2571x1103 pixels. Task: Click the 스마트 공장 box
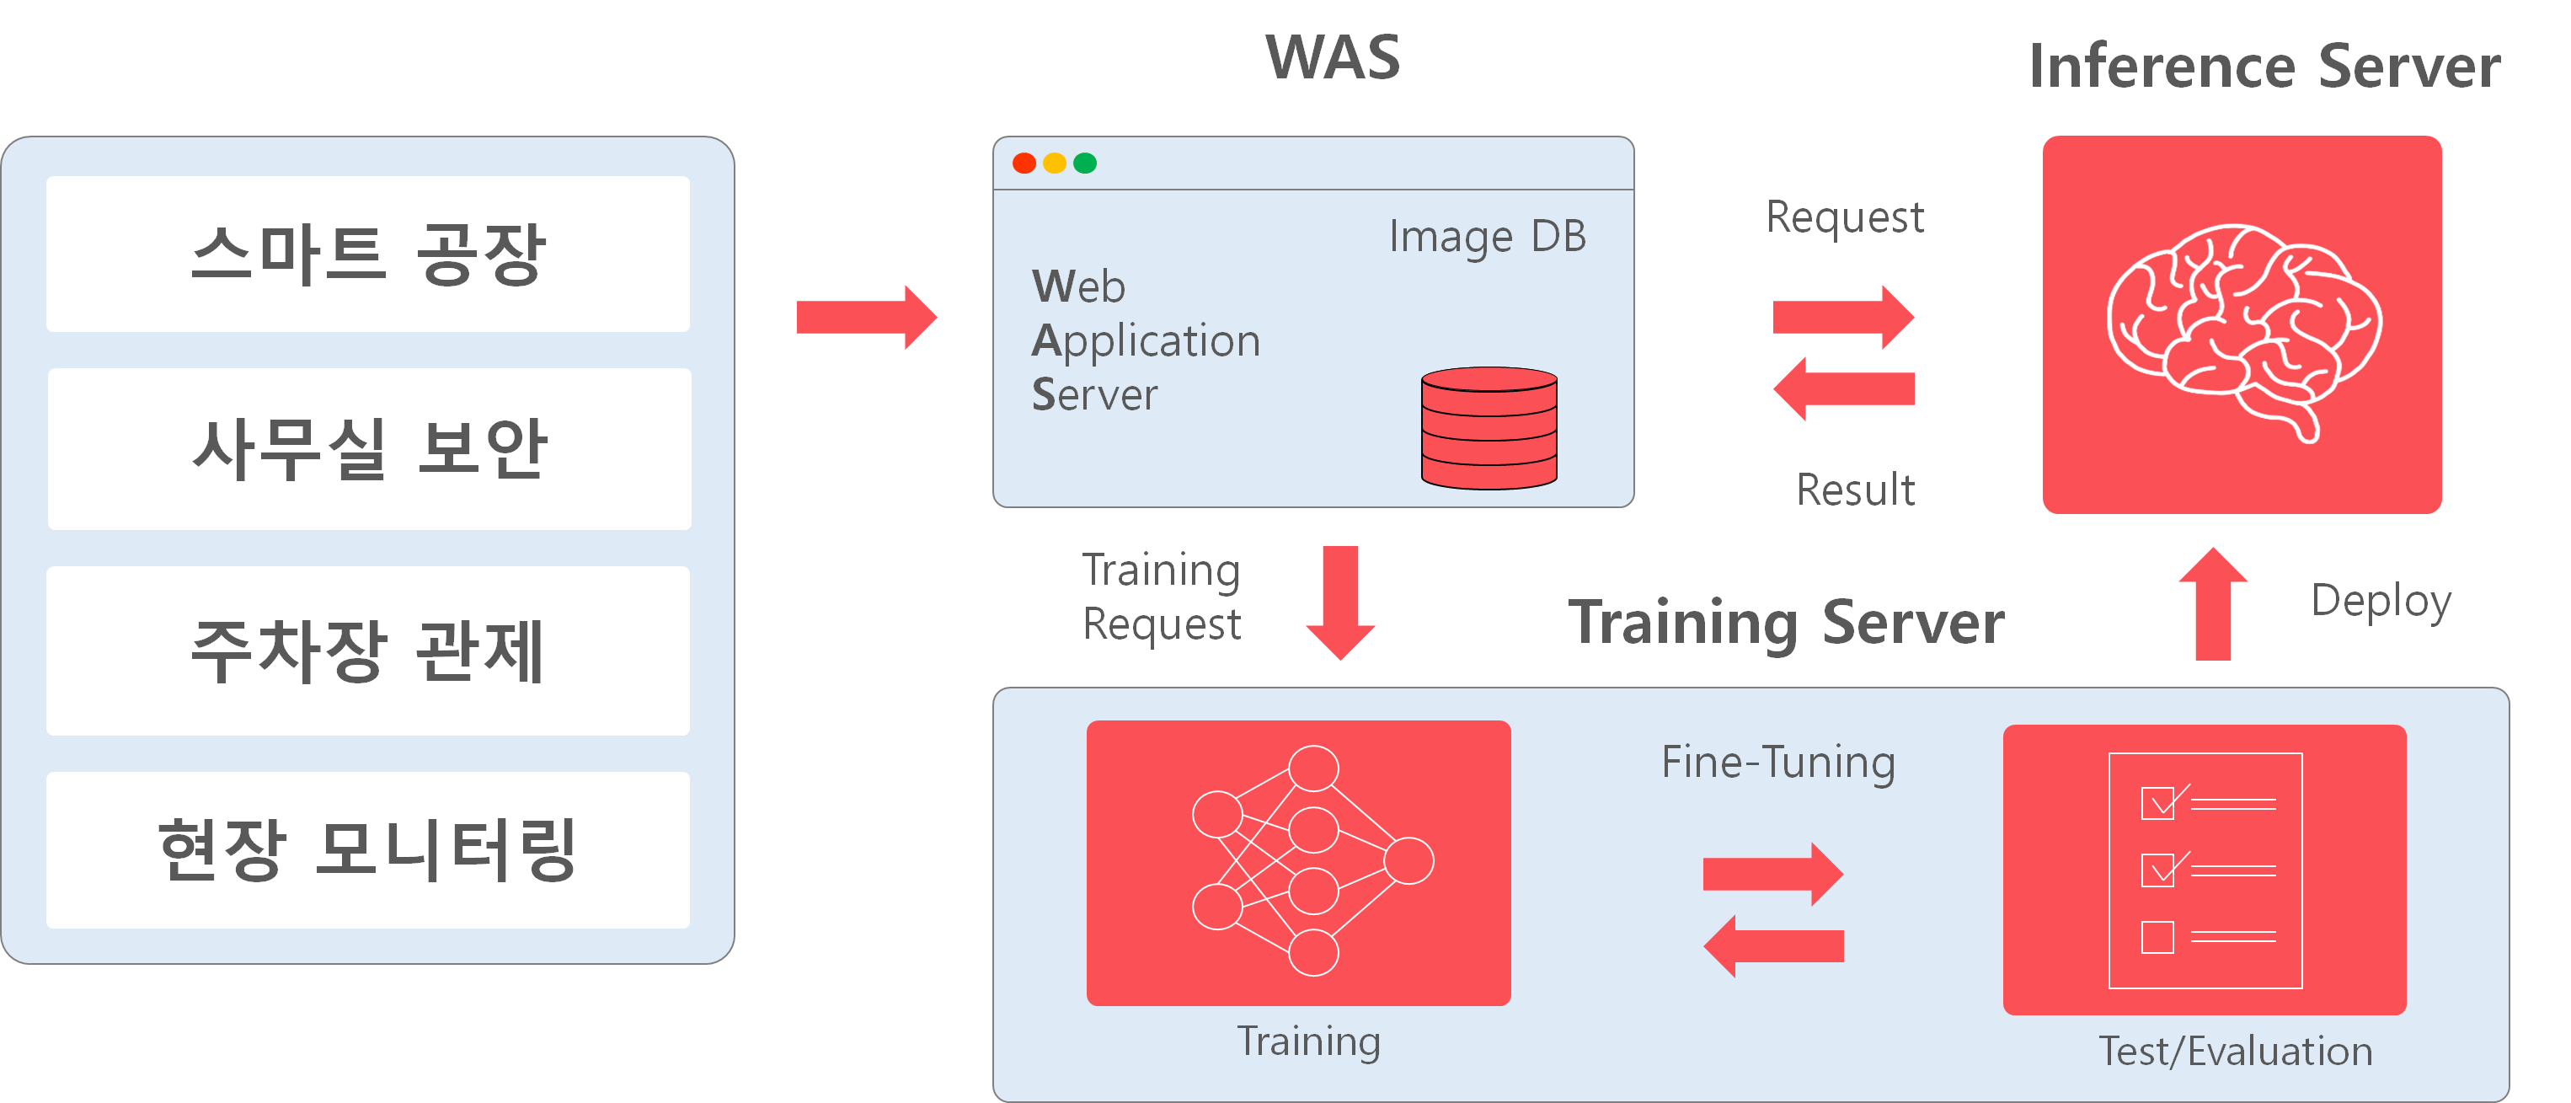tap(367, 254)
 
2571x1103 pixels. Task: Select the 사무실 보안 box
tap(369, 448)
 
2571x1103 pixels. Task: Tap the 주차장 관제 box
tap(367, 650)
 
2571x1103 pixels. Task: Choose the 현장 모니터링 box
tap(367, 849)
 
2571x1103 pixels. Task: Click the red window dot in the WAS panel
tap(1024, 163)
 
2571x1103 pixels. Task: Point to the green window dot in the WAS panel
tap(1085, 163)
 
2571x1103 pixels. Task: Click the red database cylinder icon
tap(1489, 428)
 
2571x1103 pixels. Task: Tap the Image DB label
tap(1487, 238)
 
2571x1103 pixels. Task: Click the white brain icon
tap(2243, 331)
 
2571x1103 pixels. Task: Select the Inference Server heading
tap(2264, 67)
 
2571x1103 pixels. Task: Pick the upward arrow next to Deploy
tap(2213, 603)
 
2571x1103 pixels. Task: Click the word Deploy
tap(2381, 602)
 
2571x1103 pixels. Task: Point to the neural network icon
tap(1312, 860)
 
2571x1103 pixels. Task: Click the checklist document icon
tap(2205, 870)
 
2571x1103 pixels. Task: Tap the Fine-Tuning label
tap(1777, 763)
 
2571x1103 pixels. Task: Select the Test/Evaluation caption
tap(2235, 1051)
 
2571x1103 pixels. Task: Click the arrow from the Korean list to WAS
tap(866, 318)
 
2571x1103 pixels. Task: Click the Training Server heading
tap(1786, 623)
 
